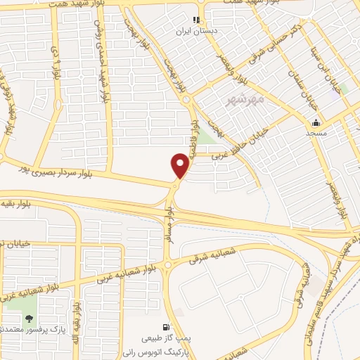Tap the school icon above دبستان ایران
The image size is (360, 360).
pyautogui.click(x=196, y=20)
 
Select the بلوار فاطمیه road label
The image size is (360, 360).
pyautogui.click(x=194, y=134)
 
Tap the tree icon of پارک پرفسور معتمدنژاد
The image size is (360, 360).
pyautogui.click(x=29, y=319)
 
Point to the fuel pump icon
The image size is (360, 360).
pyautogui.click(x=165, y=327)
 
